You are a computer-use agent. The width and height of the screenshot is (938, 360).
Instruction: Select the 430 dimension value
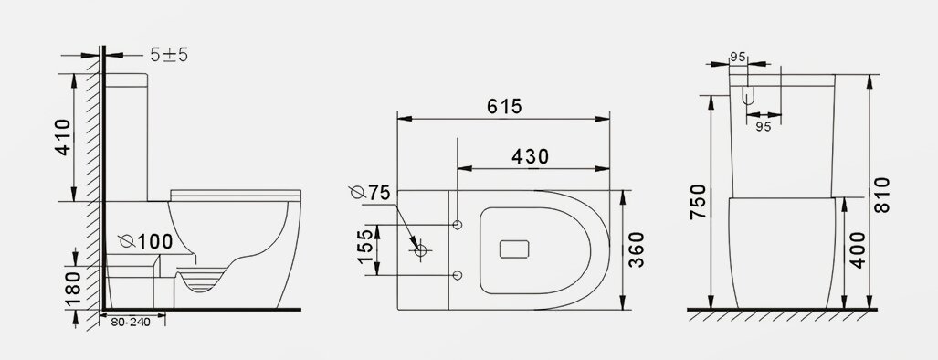tap(531, 156)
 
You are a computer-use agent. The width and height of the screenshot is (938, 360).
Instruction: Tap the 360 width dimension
tap(637, 249)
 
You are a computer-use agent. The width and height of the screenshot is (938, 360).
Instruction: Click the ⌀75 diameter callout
tap(369, 193)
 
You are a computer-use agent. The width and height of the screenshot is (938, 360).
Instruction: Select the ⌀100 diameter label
tap(146, 241)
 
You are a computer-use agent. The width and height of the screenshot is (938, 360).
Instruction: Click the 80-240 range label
tap(131, 322)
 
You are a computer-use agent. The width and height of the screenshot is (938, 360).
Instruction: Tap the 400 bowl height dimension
tap(857, 250)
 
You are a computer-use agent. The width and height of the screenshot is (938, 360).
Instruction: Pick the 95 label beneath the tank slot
tap(763, 127)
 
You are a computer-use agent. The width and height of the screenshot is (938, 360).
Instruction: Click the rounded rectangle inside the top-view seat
tap(517, 249)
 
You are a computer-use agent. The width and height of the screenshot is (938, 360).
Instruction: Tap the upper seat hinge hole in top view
tap(458, 224)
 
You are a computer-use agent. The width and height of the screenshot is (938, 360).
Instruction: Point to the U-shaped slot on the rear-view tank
tap(748, 93)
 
